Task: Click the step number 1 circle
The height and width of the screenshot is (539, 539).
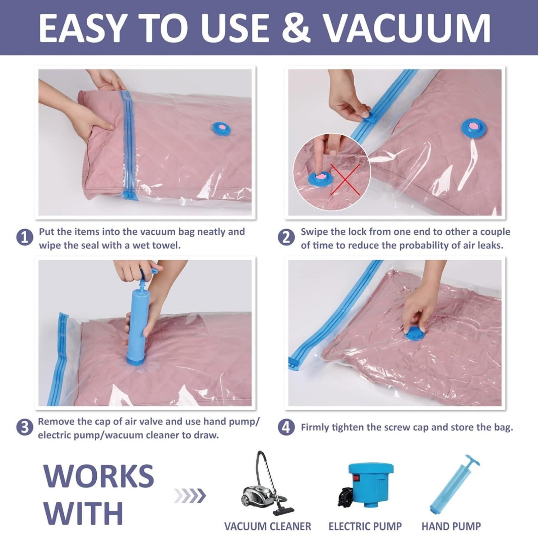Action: click(25, 239)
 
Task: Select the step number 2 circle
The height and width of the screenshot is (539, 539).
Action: click(286, 239)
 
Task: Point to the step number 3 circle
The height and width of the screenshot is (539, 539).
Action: click(25, 428)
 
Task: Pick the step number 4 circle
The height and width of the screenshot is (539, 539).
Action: click(286, 428)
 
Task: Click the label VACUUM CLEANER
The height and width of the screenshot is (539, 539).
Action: click(268, 526)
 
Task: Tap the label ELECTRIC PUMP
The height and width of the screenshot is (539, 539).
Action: click(365, 526)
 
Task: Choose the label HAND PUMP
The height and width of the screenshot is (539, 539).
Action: click(451, 526)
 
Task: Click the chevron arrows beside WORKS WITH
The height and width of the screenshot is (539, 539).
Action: click(190, 496)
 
